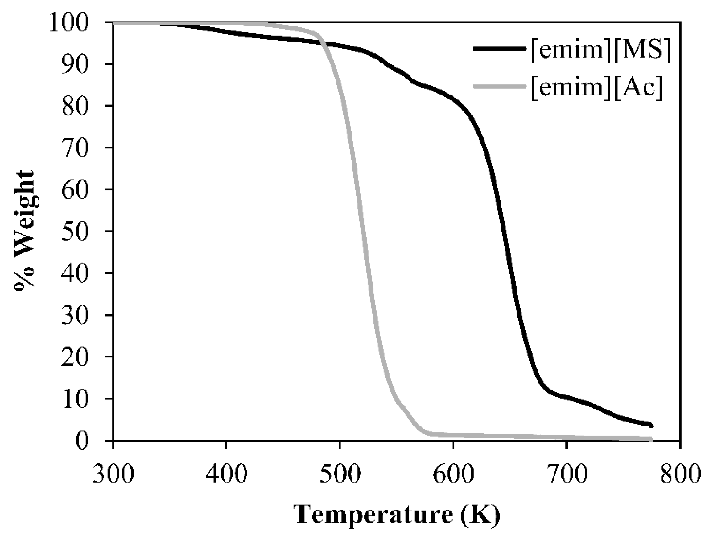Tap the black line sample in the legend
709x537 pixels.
pyautogui.click(x=499, y=49)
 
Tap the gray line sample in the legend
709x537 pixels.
pyautogui.click(x=499, y=86)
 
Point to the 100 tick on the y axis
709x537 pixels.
pyautogui.click(x=68, y=23)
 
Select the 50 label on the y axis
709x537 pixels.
pyautogui.click(x=74, y=231)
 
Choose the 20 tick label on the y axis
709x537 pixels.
pyautogui.click(x=74, y=357)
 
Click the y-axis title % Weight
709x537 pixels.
pyautogui.click(x=24, y=230)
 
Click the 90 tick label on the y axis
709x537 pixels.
pyautogui.click(x=74, y=64)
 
